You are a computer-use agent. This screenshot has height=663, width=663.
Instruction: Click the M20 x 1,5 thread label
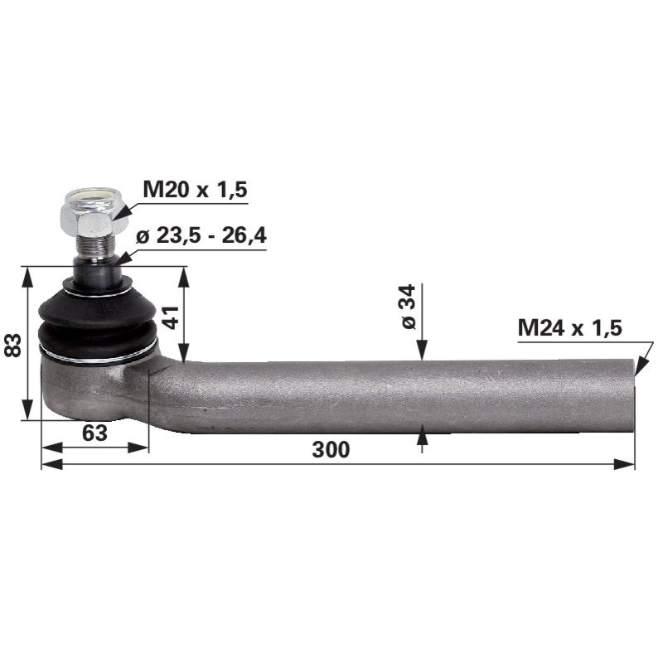(195, 190)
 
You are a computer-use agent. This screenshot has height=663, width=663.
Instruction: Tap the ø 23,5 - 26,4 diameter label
(201, 235)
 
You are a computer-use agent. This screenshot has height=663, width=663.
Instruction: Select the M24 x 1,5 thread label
(569, 327)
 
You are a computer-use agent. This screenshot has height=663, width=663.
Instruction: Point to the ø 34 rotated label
(409, 307)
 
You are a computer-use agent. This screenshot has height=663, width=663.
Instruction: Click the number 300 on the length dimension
(331, 449)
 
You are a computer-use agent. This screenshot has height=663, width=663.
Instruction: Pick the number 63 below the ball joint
(94, 433)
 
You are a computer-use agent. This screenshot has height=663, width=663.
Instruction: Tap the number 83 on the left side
(12, 345)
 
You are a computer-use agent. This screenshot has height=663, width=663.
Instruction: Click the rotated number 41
(172, 317)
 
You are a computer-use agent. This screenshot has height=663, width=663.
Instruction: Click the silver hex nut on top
(94, 213)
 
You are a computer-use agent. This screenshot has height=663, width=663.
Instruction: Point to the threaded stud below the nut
(93, 247)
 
